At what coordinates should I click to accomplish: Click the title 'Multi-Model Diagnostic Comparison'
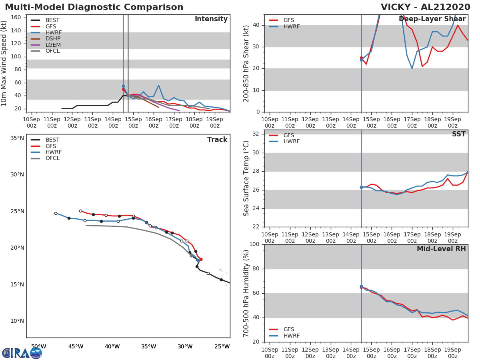click(x=94, y=7)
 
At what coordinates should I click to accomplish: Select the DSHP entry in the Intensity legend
click(x=53, y=39)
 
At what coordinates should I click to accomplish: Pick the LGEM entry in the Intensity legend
click(x=53, y=45)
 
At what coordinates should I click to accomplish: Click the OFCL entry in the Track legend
click(x=52, y=158)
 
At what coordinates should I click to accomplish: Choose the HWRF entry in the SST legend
click(x=291, y=142)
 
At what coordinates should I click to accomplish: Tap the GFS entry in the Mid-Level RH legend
click(x=288, y=330)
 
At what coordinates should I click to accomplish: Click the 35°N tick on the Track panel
click(x=17, y=138)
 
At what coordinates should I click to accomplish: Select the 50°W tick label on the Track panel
click(x=38, y=346)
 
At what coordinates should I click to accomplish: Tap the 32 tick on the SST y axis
click(x=256, y=134)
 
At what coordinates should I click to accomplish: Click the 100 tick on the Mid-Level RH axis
click(x=254, y=244)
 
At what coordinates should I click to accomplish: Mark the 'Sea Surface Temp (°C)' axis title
click(x=247, y=178)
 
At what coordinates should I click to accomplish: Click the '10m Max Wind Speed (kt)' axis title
click(x=4, y=63)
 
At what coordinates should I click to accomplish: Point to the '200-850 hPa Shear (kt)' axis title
click(x=247, y=63)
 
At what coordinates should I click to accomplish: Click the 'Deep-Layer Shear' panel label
click(x=432, y=19)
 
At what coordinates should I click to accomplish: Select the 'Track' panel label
click(x=217, y=140)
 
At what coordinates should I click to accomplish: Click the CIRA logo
click(x=22, y=353)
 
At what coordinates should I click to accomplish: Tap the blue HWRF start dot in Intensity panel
click(x=123, y=86)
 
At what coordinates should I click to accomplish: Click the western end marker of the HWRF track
click(x=56, y=213)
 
